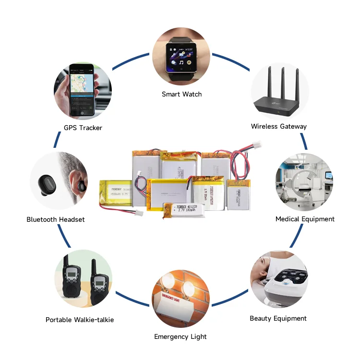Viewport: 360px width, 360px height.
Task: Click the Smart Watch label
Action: pos(181,94)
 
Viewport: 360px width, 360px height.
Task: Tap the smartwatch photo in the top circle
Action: pos(181,57)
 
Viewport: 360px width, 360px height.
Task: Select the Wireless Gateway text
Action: pos(278,126)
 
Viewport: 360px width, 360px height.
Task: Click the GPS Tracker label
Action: pos(83,128)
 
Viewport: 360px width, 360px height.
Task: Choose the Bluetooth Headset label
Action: pos(56,219)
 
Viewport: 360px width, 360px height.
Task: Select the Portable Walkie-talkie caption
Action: pos(80,320)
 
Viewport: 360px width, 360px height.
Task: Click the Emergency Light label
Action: pos(180,336)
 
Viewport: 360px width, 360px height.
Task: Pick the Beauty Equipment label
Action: pos(278,318)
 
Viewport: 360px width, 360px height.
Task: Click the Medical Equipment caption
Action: pos(305,219)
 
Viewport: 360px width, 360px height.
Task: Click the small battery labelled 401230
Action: pos(184,210)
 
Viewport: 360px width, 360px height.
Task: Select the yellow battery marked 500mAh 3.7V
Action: pos(116,191)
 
